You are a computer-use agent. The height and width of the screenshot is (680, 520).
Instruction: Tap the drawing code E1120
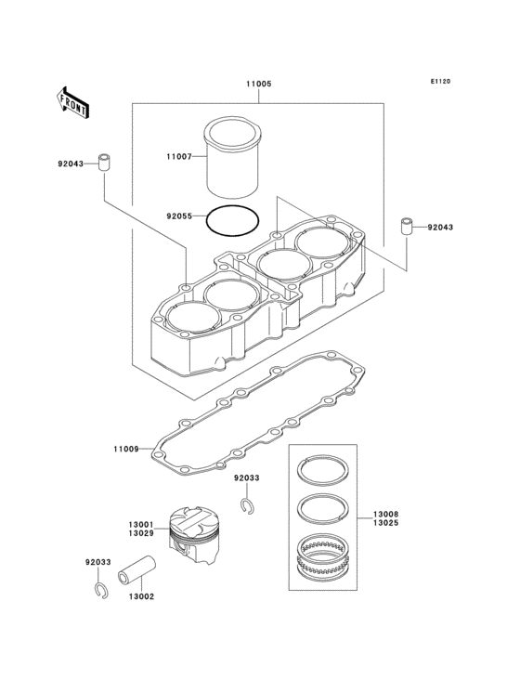click(x=439, y=82)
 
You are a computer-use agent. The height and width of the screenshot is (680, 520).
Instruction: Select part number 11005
click(x=258, y=84)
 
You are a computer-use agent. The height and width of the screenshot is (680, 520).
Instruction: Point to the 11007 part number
click(x=178, y=157)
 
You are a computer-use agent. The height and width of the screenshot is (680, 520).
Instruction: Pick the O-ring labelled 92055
click(x=233, y=220)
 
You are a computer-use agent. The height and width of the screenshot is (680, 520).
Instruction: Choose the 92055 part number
click(x=178, y=216)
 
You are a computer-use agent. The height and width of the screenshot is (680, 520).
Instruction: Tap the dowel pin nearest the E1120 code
click(x=406, y=227)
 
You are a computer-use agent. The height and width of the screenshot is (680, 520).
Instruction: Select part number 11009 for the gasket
click(x=126, y=449)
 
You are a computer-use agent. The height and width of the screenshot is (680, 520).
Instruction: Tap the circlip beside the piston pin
click(x=98, y=590)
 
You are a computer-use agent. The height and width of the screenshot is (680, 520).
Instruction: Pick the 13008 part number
click(x=386, y=514)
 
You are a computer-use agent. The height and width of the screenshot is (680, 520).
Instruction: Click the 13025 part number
click(x=386, y=525)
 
